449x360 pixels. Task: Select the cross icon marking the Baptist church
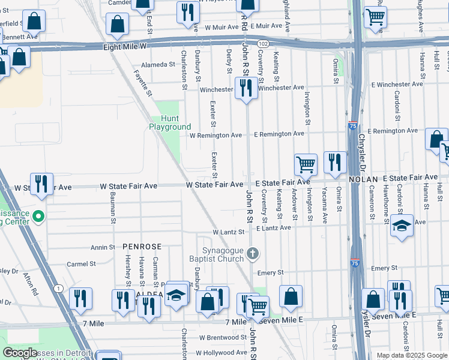pos(253,254)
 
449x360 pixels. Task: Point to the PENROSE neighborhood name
pos(142,247)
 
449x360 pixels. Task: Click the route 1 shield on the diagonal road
pos(58,289)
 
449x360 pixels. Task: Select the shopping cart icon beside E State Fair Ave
pos(306,164)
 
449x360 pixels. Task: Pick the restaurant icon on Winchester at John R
pos(246,88)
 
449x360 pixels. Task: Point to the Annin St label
pos(102,247)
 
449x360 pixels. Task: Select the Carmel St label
pos(82,264)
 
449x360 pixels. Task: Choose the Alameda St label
pos(157,65)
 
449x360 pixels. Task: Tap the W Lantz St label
pos(228,232)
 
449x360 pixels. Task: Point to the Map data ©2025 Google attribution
pos(412,355)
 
